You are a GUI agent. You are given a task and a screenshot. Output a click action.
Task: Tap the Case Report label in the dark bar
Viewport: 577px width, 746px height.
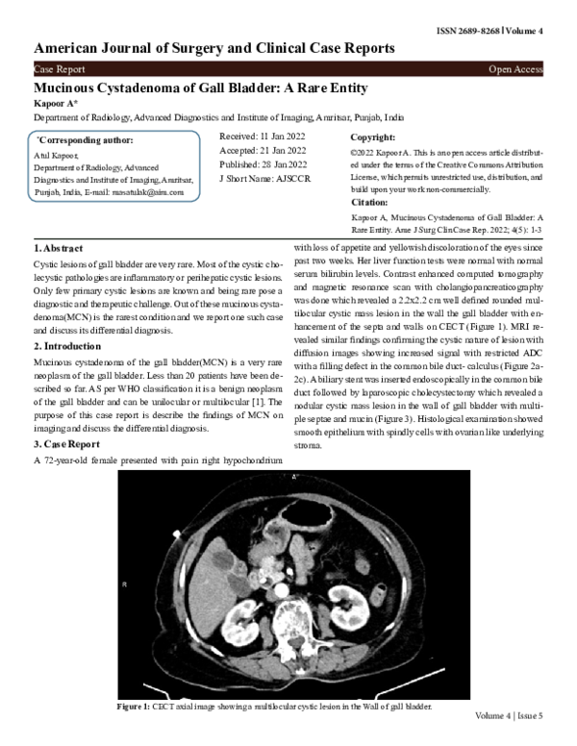59,69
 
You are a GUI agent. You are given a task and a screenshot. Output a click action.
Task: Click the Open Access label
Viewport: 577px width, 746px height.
515,69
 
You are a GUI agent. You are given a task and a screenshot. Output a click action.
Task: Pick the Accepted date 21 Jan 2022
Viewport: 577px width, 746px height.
263,150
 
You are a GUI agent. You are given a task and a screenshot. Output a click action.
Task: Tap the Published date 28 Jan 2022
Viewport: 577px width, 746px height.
263,163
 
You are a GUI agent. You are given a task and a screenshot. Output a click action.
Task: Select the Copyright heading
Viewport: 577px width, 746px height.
375,137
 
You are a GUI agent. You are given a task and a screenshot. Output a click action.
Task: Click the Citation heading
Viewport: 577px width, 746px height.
370,203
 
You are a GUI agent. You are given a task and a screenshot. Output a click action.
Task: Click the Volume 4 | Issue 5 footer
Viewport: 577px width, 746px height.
508,717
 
